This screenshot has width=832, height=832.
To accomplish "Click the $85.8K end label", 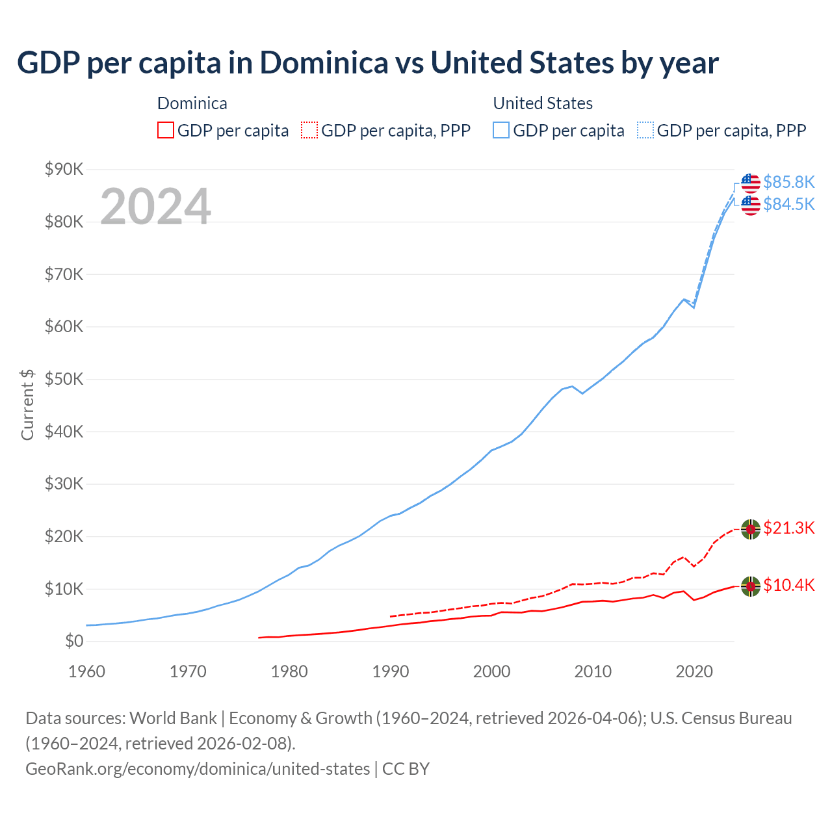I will click(x=788, y=182).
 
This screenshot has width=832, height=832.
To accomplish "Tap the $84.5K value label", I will click(x=788, y=204).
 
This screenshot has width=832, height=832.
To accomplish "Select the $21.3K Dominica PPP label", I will click(x=788, y=528).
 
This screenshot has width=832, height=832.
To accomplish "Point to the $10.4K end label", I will click(x=788, y=585).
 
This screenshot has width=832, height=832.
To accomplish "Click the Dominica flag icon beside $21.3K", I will click(x=751, y=529).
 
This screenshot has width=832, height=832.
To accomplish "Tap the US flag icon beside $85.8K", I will click(x=751, y=183).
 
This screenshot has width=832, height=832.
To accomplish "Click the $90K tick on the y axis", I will click(x=64, y=170).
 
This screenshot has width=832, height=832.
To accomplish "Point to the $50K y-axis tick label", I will click(x=64, y=379).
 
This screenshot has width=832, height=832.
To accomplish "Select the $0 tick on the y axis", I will click(x=74, y=642).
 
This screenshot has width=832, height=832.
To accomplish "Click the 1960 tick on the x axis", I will click(x=86, y=671).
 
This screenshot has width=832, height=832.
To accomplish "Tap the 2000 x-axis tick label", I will click(x=491, y=671).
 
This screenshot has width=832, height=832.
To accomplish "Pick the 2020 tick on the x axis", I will click(x=694, y=671).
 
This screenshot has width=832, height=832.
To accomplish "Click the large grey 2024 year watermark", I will click(x=155, y=207).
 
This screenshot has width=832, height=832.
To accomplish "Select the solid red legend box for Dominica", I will click(x=166, y=130).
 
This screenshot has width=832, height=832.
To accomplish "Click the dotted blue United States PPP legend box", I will click(x=645, y=130).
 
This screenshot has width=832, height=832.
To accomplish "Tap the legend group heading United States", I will click(x=543, y=103).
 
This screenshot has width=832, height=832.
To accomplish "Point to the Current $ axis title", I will click(x=27, y=404).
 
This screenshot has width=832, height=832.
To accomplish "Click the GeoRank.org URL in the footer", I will click(x=198, y=769).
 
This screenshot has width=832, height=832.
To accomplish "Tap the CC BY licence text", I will click(x=406, y=769).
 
